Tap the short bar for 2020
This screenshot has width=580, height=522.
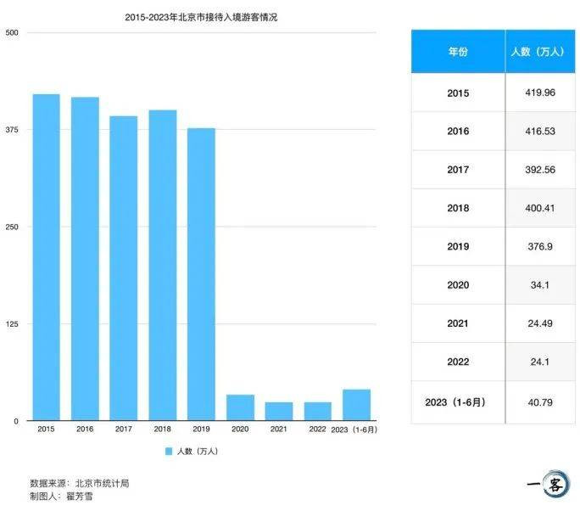240,407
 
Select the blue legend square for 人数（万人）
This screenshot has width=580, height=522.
169,452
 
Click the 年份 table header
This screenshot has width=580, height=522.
458,51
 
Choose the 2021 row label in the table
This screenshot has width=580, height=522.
458,323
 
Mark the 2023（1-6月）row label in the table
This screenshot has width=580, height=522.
458,401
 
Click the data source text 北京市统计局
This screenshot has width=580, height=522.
102,483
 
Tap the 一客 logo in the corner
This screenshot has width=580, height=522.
549,485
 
